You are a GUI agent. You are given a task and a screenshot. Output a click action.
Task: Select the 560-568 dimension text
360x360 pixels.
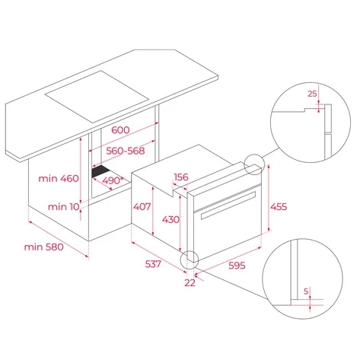pos(124,151)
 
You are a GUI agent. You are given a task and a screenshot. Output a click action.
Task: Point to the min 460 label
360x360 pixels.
pos(59,178)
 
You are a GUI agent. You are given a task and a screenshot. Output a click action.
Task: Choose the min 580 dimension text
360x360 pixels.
pos(43,247)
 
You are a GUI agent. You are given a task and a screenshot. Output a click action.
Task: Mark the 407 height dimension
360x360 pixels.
pos(143,205)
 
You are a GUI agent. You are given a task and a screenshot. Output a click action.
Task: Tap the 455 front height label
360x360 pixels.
pos(281,205)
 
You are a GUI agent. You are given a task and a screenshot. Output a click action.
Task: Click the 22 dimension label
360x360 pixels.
pos(190,282)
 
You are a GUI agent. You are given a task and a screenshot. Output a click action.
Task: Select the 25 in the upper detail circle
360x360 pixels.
pos(311,94)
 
